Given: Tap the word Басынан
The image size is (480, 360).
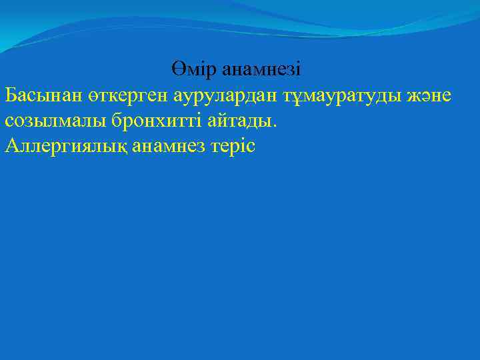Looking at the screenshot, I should (x=43, y=95).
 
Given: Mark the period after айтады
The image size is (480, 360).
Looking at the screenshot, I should (x=273, y=125).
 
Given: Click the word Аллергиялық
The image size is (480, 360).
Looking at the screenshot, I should (x=59, y=145).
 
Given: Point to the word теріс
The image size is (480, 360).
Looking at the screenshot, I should (x=233, y=145).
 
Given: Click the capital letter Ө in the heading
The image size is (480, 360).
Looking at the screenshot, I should (x=177, y=69).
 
